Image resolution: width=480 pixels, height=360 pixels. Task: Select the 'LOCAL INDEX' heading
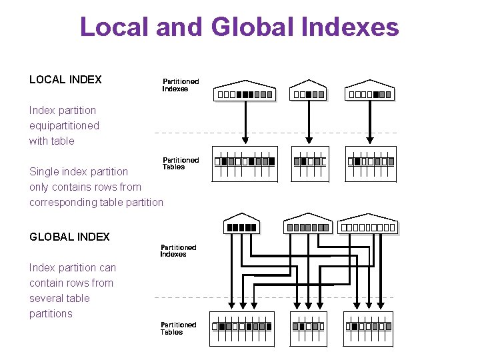tap(65, 79)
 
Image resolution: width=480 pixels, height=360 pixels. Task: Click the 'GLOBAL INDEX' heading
tap(69, 237)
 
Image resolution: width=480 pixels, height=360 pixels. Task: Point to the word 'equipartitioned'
tap(64, 125)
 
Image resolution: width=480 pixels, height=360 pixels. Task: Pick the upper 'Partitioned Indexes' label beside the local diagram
tap(181, 85)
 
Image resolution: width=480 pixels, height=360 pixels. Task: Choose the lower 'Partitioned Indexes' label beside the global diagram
tap(178, 251)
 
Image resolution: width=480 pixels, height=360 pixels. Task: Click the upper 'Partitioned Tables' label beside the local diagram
tap(181, 163)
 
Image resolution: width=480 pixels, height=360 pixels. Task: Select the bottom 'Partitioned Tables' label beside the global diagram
tap(178, 328)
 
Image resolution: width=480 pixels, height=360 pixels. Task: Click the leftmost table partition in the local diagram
tap(244, 165)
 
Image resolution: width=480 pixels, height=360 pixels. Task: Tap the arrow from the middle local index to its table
tap(308, 120)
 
